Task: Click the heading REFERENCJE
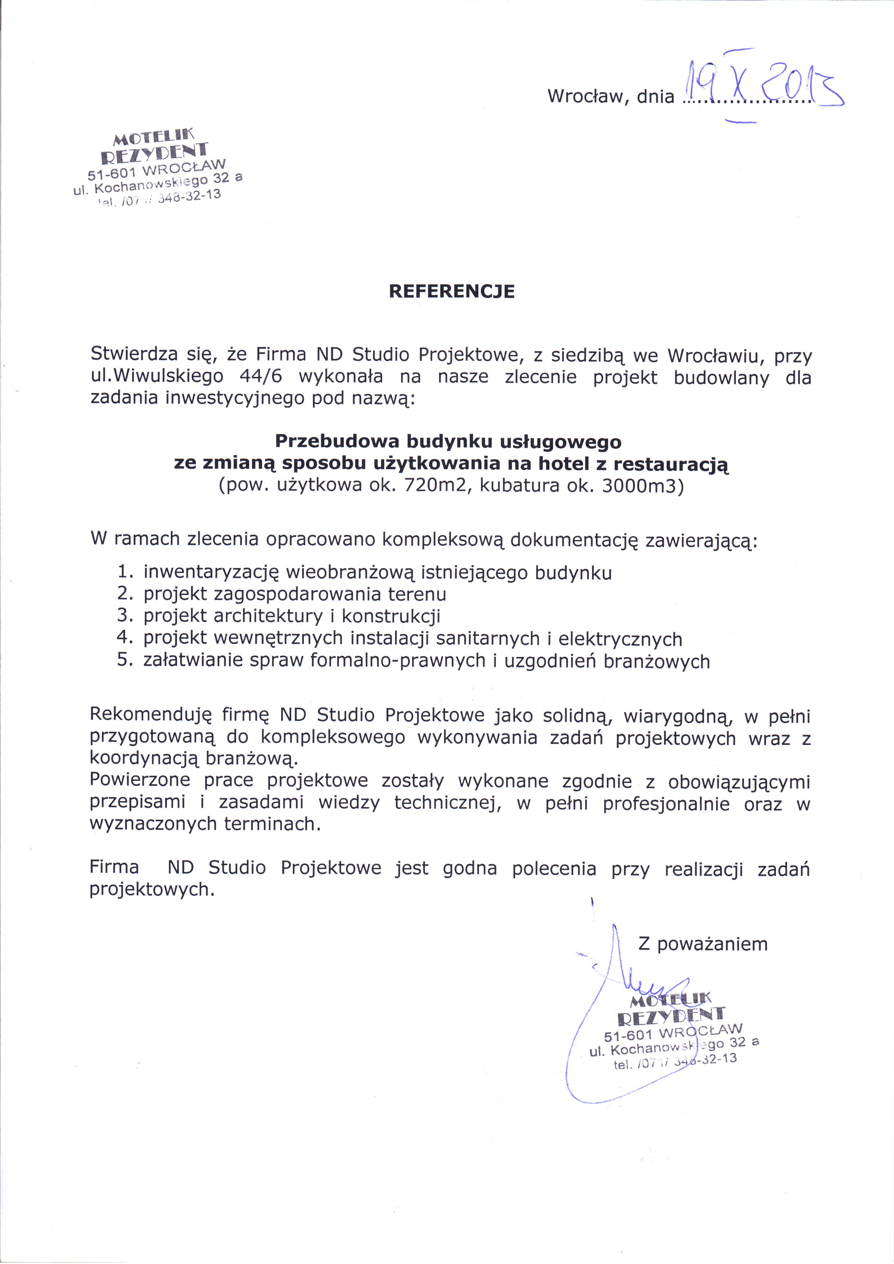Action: (x=452, y=291)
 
